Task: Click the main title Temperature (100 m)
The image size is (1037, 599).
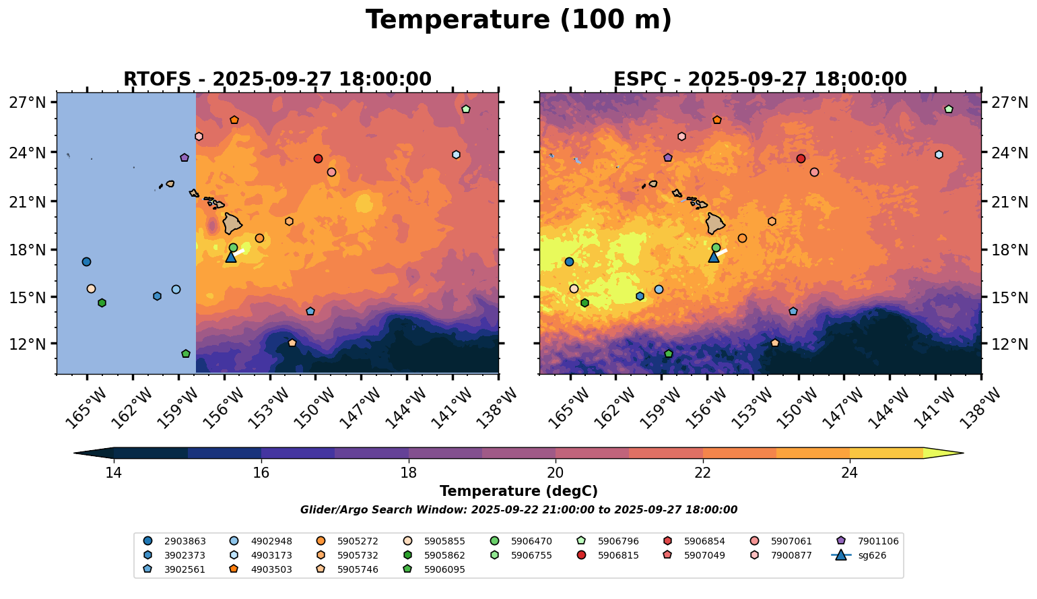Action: coord(518,20)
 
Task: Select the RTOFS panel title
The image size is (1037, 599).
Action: coord(277,80)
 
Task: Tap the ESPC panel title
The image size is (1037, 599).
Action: coord(760,80)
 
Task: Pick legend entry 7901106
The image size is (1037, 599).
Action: coord(877,541)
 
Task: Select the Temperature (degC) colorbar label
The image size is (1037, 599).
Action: coord(518,492)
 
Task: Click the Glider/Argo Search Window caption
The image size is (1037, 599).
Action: coord(518,510)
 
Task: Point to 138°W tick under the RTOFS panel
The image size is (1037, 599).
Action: coord(490,407)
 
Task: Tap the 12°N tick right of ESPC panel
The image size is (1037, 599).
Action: coord(1009,344)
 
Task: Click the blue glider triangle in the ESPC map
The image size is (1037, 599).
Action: coord(714,257)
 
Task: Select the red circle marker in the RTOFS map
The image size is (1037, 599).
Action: coord(318,158)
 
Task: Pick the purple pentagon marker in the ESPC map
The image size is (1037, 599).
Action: coord(668,158)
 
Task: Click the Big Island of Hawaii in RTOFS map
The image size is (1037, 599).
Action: coord(233,223)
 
